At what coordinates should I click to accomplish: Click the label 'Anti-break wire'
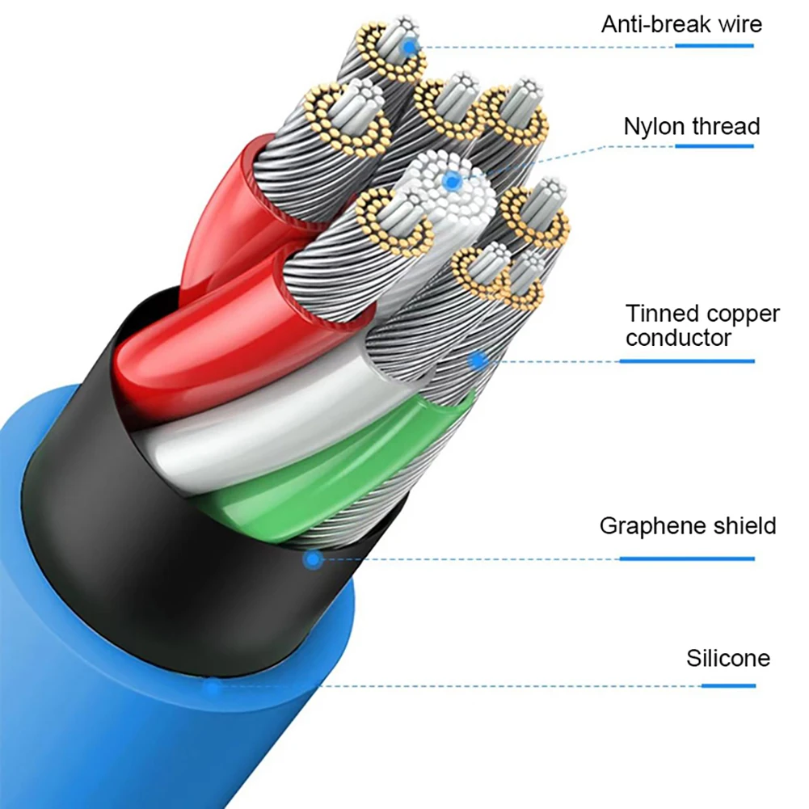681,23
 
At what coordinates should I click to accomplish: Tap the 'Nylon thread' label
692,127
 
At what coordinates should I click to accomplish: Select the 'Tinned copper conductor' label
702,326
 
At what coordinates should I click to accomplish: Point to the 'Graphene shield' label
688,526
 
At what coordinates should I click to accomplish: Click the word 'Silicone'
728,658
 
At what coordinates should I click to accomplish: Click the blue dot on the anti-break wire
411,46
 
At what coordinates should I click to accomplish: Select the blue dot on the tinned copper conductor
478,360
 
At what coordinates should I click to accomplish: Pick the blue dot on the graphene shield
314,558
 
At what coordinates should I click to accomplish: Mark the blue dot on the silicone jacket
213,688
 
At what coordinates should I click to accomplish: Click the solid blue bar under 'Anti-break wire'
714,46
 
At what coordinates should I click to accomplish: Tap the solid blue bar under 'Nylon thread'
714,146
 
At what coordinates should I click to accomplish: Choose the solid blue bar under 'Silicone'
728,686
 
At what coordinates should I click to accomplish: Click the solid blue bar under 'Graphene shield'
687,558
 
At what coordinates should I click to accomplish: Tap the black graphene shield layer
162,550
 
